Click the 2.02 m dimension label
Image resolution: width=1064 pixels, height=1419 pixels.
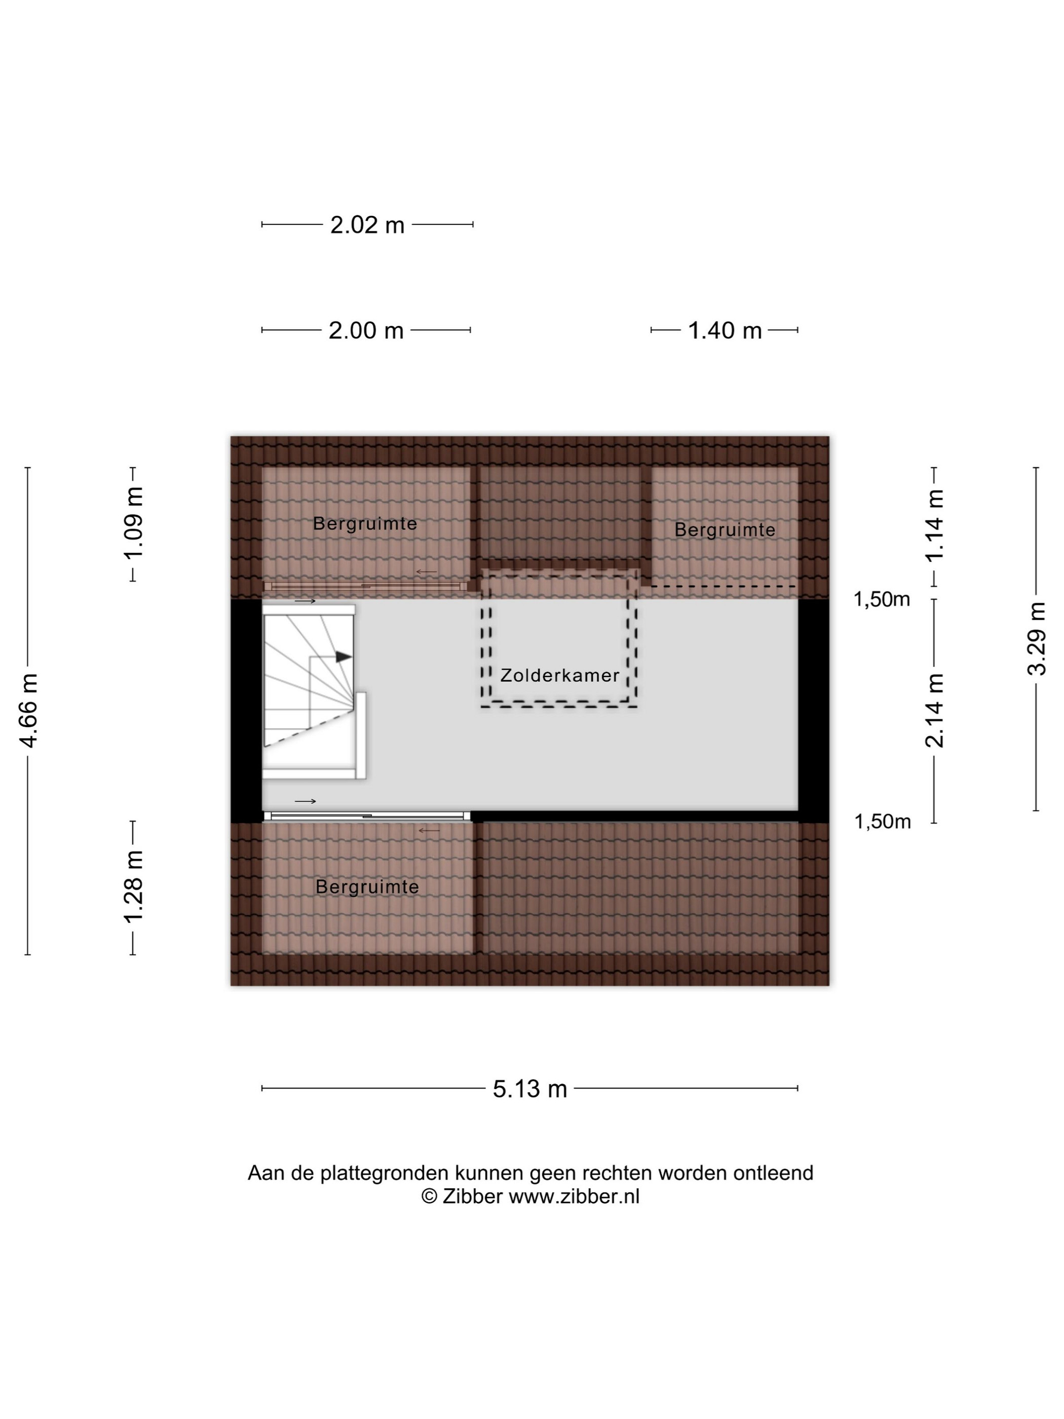click(x=367, y=225)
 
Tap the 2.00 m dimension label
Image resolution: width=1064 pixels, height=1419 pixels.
click(x=366, y=331)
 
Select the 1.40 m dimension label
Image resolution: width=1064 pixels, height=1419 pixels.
click(x=725, y=331)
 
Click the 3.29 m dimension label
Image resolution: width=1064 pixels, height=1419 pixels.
click(x=1037, y=639)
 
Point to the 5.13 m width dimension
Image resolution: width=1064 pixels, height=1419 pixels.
click(x=530, y=1089)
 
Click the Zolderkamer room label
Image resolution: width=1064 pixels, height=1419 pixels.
click(x=560, y=676)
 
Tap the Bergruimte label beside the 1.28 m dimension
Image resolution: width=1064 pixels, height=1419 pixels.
click(x=367, y=887)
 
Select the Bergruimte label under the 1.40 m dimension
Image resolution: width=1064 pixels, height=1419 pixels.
click(x=725, y=530)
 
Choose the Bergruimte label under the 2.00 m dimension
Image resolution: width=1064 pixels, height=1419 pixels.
click(x=365, y=524)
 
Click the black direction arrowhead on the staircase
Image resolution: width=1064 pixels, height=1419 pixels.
click(x=344, y=657)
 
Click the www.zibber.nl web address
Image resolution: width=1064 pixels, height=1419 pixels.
click(x=574, y=1197)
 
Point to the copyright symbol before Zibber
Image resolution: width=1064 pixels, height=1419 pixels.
click(x=429, y=1197)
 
